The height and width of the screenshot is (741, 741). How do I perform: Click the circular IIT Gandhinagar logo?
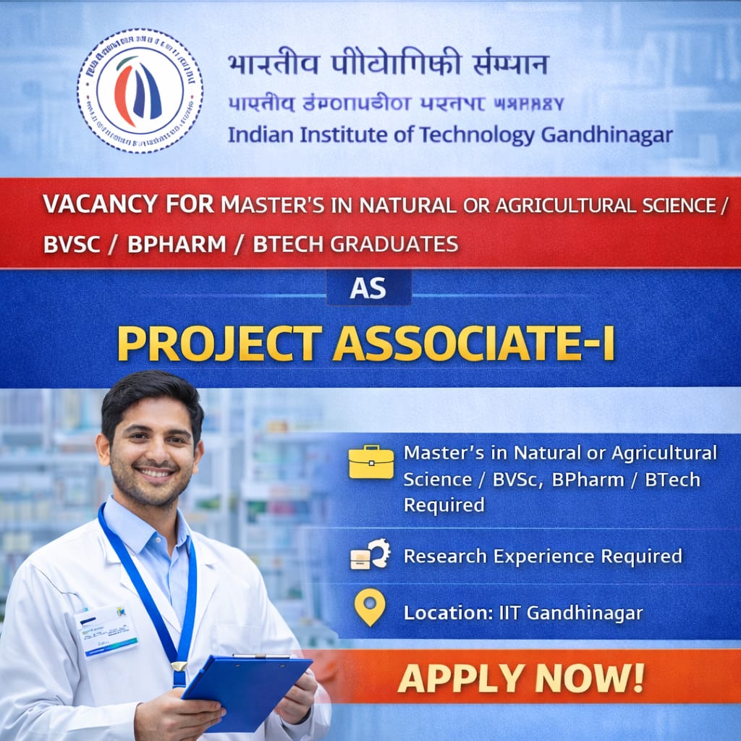(x=140, y=90)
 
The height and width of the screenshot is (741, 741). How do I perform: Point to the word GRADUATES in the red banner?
(x=394, y=244)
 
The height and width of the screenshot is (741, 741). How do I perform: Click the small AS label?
(x=368, y=288)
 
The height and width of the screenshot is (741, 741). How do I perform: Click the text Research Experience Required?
(x=543, y=556)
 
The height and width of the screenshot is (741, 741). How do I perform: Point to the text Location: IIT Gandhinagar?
(x=523, y=613)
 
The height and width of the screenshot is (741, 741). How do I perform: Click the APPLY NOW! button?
(x=520, y=678)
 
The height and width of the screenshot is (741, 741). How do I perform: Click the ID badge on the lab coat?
(x=107, y=630)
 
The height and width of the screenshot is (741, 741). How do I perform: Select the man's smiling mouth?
(x=156, y=473)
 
